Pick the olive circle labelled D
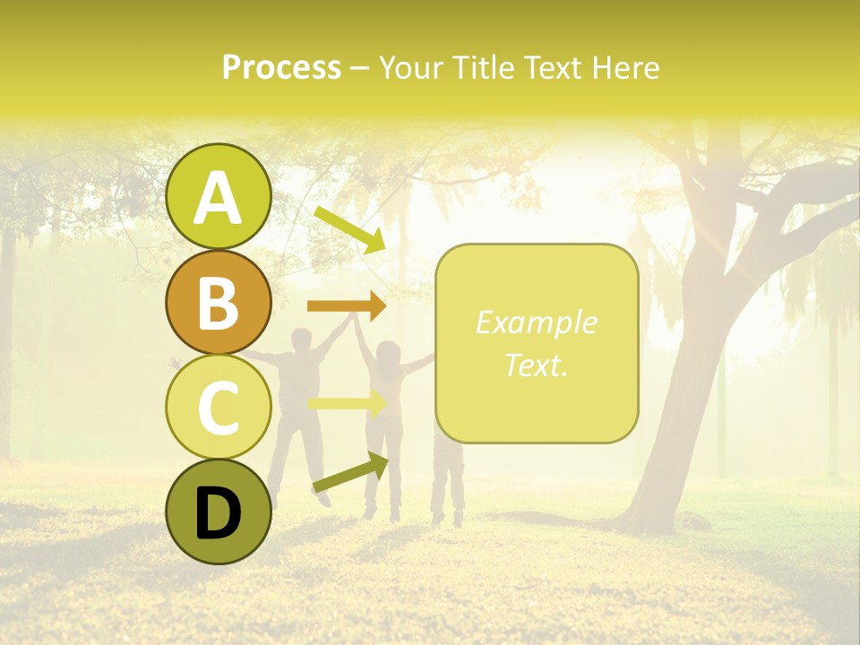tap(218, 512)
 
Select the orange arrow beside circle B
tap(347, 306)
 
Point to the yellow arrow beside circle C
tap(347, 404)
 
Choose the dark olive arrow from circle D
tap(350, 473)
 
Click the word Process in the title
tap(281, 68)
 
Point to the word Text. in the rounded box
tap(536, 365)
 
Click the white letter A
tap(218, 199)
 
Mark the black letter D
tap(218, 513)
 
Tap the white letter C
tap(218, 408)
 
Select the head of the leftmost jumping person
tap(304, 342)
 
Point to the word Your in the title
tap(410, 68)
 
